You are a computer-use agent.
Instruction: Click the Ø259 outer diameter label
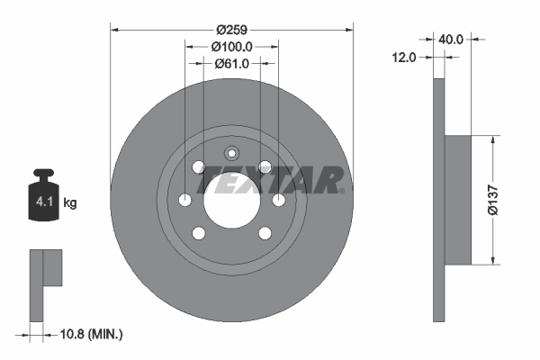click(232, 29)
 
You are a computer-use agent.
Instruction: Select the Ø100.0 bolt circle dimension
click(232, 46)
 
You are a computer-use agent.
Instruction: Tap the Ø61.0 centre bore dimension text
click(232, 63)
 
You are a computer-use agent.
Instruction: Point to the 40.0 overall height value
click(452, 40)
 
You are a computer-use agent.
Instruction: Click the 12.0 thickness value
click(404, 58)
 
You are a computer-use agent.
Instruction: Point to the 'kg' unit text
click(70, 203)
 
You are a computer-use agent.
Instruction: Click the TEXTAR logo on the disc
click(270, 180)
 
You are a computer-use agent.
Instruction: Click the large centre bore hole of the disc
click(232, 199)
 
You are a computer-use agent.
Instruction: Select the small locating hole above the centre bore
click(232, 152)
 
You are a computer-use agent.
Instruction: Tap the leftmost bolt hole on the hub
click(185, 200)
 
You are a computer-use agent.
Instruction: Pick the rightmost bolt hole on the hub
click(279, 200)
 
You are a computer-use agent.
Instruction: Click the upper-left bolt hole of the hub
click(199, 166)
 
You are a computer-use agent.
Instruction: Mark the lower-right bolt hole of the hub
click(265, 233)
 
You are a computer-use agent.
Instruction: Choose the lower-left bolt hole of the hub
click(199, 233)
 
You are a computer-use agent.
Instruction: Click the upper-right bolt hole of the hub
click(265, 166)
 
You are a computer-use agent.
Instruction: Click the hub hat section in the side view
click(458, 200)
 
